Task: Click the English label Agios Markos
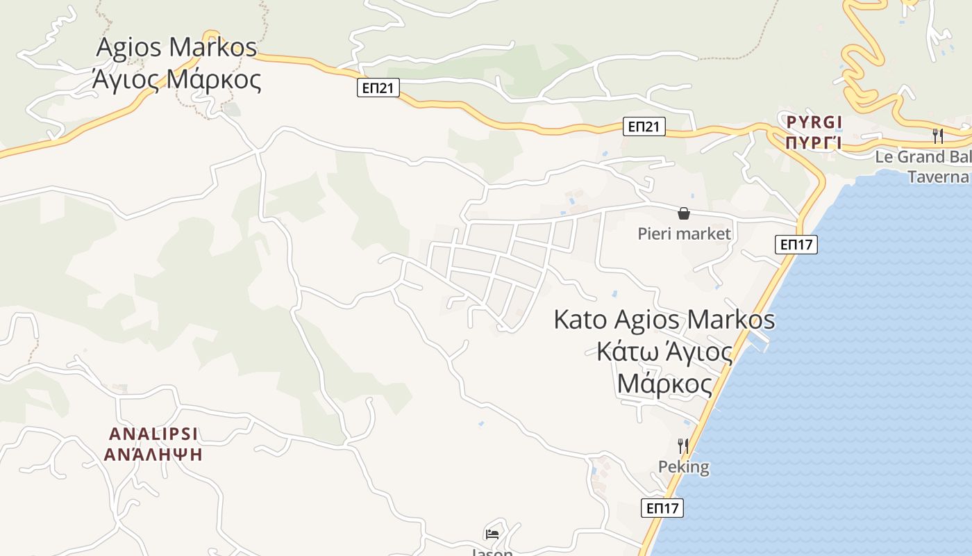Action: coord(176,47)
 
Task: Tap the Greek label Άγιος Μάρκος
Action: coord(176,80)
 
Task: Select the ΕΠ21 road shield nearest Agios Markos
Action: coord(378,88)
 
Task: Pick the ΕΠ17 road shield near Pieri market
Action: coord(796,244)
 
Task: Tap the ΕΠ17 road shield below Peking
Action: coord(662,508)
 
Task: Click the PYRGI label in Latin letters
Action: coord(814,123)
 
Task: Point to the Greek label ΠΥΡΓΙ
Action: coord(814,143)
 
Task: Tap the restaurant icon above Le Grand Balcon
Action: coord(938,136)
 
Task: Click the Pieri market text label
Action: coord(685,234)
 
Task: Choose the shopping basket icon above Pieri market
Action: coord(684,213)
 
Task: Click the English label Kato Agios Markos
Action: coord(664,320)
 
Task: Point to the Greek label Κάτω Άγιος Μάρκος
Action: coord(664,368)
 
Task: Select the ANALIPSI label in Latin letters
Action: coord(153,434)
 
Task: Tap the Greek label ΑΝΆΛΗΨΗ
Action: coord(153,455)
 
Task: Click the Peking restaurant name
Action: coord(684,466)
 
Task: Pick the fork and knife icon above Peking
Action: coord(683,446)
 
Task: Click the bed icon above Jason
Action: coord(492,534)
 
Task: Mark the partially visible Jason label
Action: coord(492,552)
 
